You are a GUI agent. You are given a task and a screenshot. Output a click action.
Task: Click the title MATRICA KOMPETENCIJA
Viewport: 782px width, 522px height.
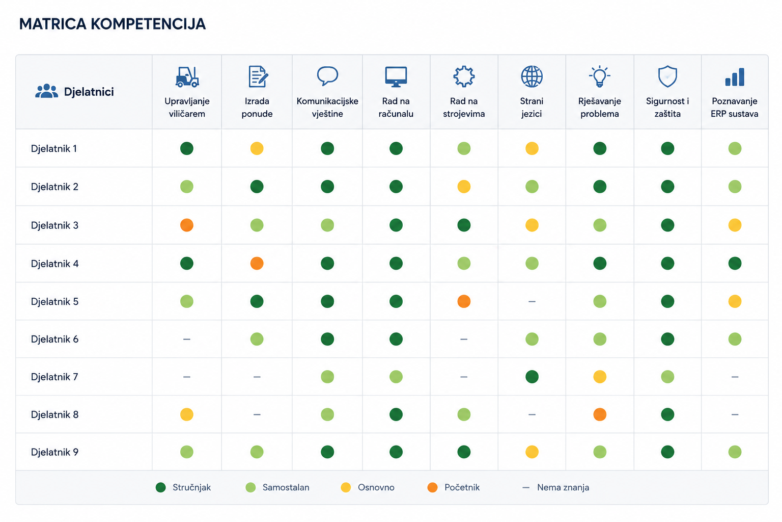113,24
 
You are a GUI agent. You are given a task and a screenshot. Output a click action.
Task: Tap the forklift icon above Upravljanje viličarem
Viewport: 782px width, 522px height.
187,76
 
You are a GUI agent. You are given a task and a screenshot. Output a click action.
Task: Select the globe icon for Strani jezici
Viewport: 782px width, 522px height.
532,76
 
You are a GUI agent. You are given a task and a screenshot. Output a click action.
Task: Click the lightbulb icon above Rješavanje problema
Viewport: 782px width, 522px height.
599,76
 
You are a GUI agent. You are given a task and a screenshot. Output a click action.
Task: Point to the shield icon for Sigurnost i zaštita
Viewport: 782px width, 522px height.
667,76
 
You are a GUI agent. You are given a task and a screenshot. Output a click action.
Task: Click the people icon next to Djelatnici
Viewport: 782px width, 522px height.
46,91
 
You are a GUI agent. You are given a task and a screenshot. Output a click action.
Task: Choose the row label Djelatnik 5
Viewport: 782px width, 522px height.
54,301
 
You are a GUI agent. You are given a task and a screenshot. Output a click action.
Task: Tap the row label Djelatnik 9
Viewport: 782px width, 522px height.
54,452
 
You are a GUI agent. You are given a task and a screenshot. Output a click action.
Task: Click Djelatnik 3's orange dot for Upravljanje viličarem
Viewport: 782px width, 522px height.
187,225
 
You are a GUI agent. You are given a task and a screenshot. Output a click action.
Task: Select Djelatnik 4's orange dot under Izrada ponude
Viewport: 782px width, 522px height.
257,263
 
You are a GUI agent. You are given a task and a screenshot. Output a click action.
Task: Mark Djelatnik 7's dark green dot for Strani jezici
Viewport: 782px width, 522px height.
532,377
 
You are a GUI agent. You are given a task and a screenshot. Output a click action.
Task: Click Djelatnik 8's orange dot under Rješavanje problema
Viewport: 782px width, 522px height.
600,414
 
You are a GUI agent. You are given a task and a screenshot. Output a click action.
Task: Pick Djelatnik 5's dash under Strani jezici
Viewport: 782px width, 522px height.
532,301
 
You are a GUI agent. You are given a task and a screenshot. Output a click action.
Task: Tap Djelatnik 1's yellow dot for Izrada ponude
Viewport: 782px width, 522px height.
257,148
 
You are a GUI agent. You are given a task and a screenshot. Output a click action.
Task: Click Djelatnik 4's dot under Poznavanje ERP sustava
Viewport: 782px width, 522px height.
735,263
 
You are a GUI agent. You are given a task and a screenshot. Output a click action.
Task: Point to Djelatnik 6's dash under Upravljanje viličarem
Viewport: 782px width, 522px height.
187,339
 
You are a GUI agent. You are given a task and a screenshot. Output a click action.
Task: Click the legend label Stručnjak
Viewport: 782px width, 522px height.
191,487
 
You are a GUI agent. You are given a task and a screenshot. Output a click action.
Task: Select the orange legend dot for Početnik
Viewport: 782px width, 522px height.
433,487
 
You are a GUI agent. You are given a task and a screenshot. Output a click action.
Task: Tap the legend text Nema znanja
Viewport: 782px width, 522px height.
563,487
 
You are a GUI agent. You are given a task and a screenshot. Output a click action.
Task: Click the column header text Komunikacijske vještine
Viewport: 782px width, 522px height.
327,108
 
